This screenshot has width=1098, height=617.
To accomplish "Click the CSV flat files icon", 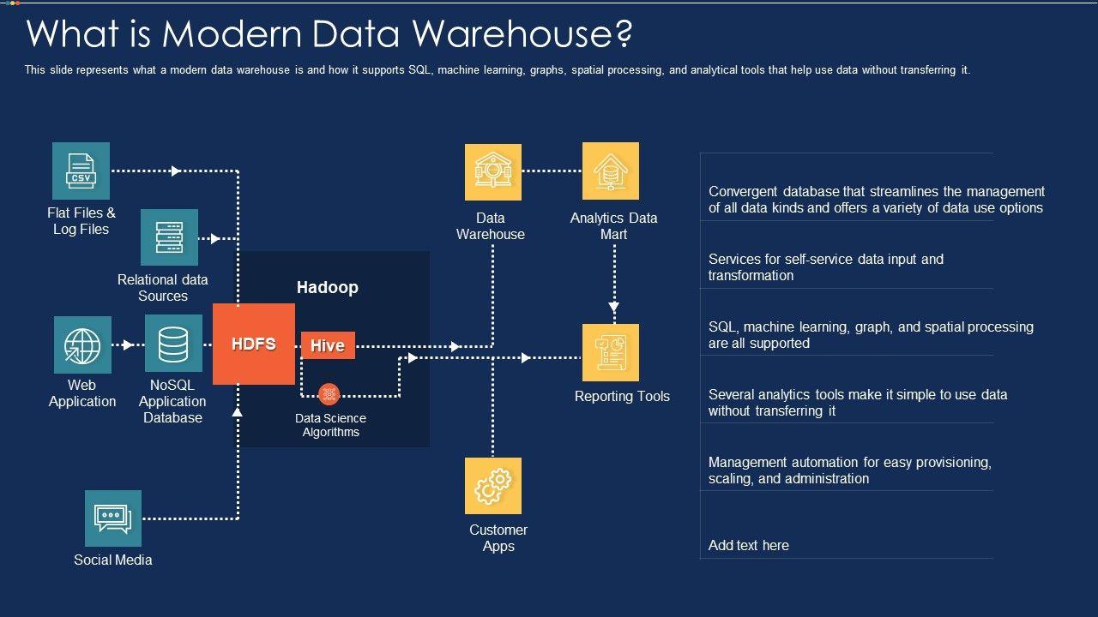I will tap(81, 171).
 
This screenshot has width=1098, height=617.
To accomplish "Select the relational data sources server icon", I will tap(169, 237).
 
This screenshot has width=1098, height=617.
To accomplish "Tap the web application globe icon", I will tap(82, 344).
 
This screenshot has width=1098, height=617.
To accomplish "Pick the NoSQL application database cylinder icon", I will tap(173, 344).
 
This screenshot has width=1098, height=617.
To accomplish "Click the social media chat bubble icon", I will tap(113, 518).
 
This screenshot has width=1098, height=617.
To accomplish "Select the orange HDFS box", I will tap(254, 344).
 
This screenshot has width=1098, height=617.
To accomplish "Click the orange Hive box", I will tap(328, 345).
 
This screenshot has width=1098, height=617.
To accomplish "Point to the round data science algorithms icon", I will tap(329, 394).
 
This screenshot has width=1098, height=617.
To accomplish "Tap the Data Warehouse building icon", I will tap(493, 171).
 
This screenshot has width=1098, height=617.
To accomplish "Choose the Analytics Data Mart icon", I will tap(611, 171).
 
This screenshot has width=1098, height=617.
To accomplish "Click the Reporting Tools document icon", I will tap(611, 352).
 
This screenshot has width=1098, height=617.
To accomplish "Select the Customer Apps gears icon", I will tap(493, 486).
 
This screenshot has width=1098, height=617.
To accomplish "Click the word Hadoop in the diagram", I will tap(328, 287).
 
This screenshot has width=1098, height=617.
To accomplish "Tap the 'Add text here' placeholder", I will tap(749, 545).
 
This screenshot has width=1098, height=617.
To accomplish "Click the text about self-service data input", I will tap(825, 267).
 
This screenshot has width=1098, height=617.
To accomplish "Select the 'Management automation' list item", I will tap(849, 470).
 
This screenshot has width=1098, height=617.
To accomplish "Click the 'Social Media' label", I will tap(113, 560).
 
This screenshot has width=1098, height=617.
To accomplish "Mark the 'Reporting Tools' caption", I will tap(622, 396).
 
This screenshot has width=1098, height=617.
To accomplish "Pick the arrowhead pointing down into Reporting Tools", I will tap(614, 307).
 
